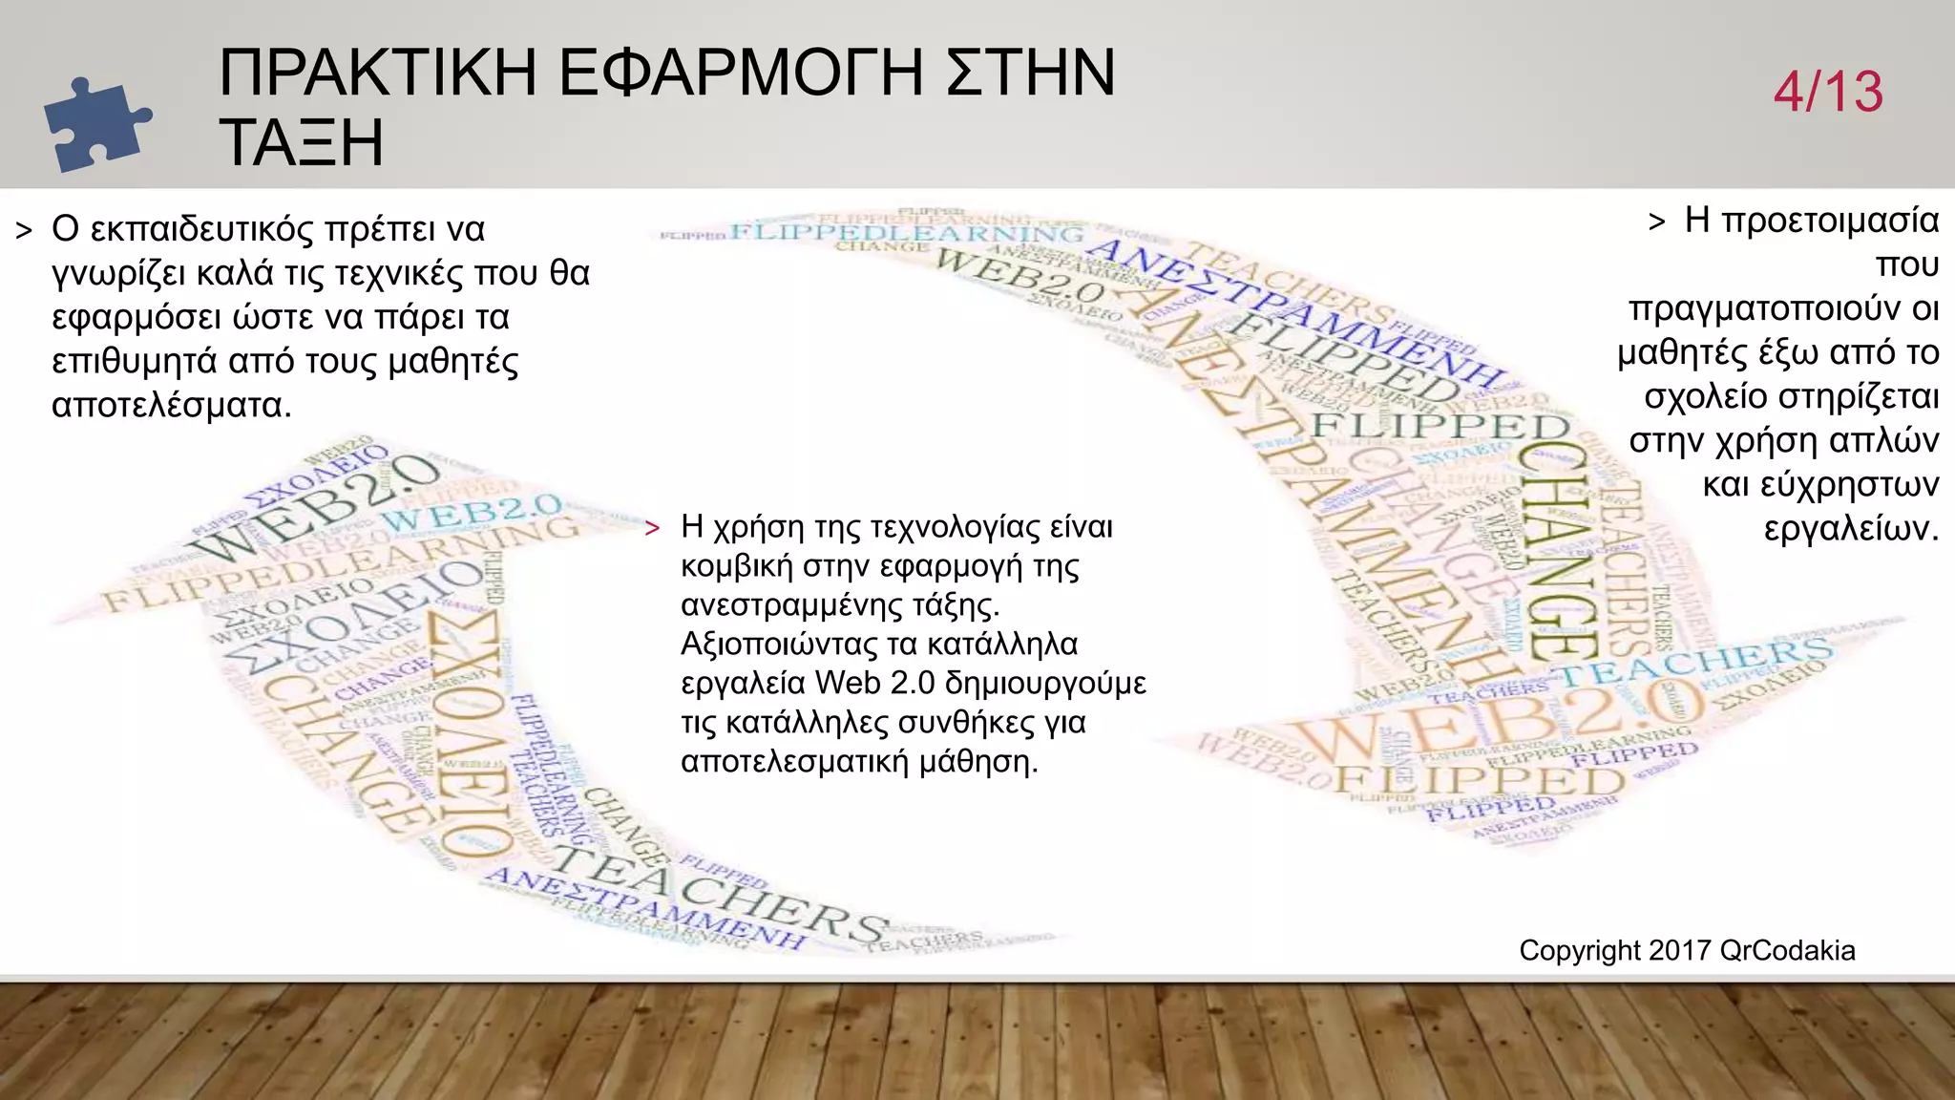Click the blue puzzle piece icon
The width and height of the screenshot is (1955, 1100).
[95, 125]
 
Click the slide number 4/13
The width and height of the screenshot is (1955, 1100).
[1828, 93]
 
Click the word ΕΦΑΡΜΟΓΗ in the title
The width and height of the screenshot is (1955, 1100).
[741, 73]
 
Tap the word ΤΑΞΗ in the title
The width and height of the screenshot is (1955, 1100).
[301, 142]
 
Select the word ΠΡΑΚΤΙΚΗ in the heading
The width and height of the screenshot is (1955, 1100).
[378, 73]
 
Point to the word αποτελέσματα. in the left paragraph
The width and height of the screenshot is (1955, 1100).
[171, 406]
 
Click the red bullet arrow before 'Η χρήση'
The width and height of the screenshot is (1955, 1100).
[653, 529]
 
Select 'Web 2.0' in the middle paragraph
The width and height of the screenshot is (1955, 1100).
[874, 684]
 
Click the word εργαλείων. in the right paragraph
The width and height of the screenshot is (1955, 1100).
[1851, 528]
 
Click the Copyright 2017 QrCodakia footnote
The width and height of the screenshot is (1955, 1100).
[1687, 951]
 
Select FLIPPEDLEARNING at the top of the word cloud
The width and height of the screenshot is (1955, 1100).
[907, 234]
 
